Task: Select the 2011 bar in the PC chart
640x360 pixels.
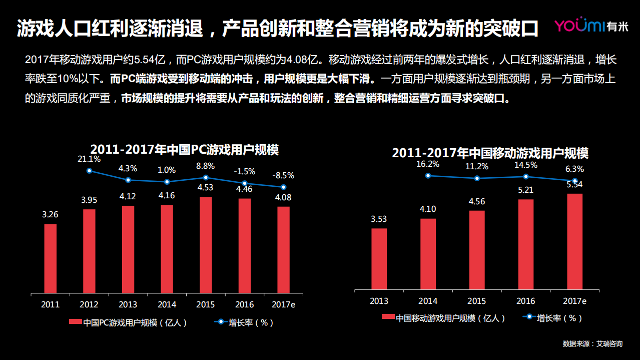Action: point(50,258)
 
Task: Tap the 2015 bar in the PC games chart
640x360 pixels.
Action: point(206,244)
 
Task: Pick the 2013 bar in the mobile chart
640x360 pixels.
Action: point(379,258)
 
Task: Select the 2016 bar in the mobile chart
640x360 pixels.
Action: point(525,244)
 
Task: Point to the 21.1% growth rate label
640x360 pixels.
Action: point(89,159)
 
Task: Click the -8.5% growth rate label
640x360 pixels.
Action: point(283,176)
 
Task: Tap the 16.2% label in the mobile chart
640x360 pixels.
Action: point(428,164)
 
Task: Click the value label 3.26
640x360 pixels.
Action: point(50,215)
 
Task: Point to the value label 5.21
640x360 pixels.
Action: point(525,190)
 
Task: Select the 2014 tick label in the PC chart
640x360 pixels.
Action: point(167,304)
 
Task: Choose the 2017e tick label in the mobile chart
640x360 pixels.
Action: point(574,301)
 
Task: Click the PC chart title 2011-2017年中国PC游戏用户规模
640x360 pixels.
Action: point(184,149)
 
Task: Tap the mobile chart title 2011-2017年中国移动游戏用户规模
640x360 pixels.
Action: point(490,153)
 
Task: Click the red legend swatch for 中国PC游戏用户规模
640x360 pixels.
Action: point(75,322)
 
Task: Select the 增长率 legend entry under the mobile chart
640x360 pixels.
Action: point(552,317)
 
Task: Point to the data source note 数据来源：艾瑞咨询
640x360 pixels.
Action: point(592,344)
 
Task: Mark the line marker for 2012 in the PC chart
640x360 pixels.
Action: point(90,171)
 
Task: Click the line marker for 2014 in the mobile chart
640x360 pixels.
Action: point(428,176)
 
